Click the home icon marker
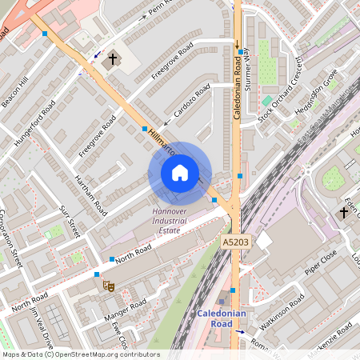(180, 173)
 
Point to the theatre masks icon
(109, 286)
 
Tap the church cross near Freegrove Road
(113, 59)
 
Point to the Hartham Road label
(89, 197)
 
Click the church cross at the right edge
(344, 212)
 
